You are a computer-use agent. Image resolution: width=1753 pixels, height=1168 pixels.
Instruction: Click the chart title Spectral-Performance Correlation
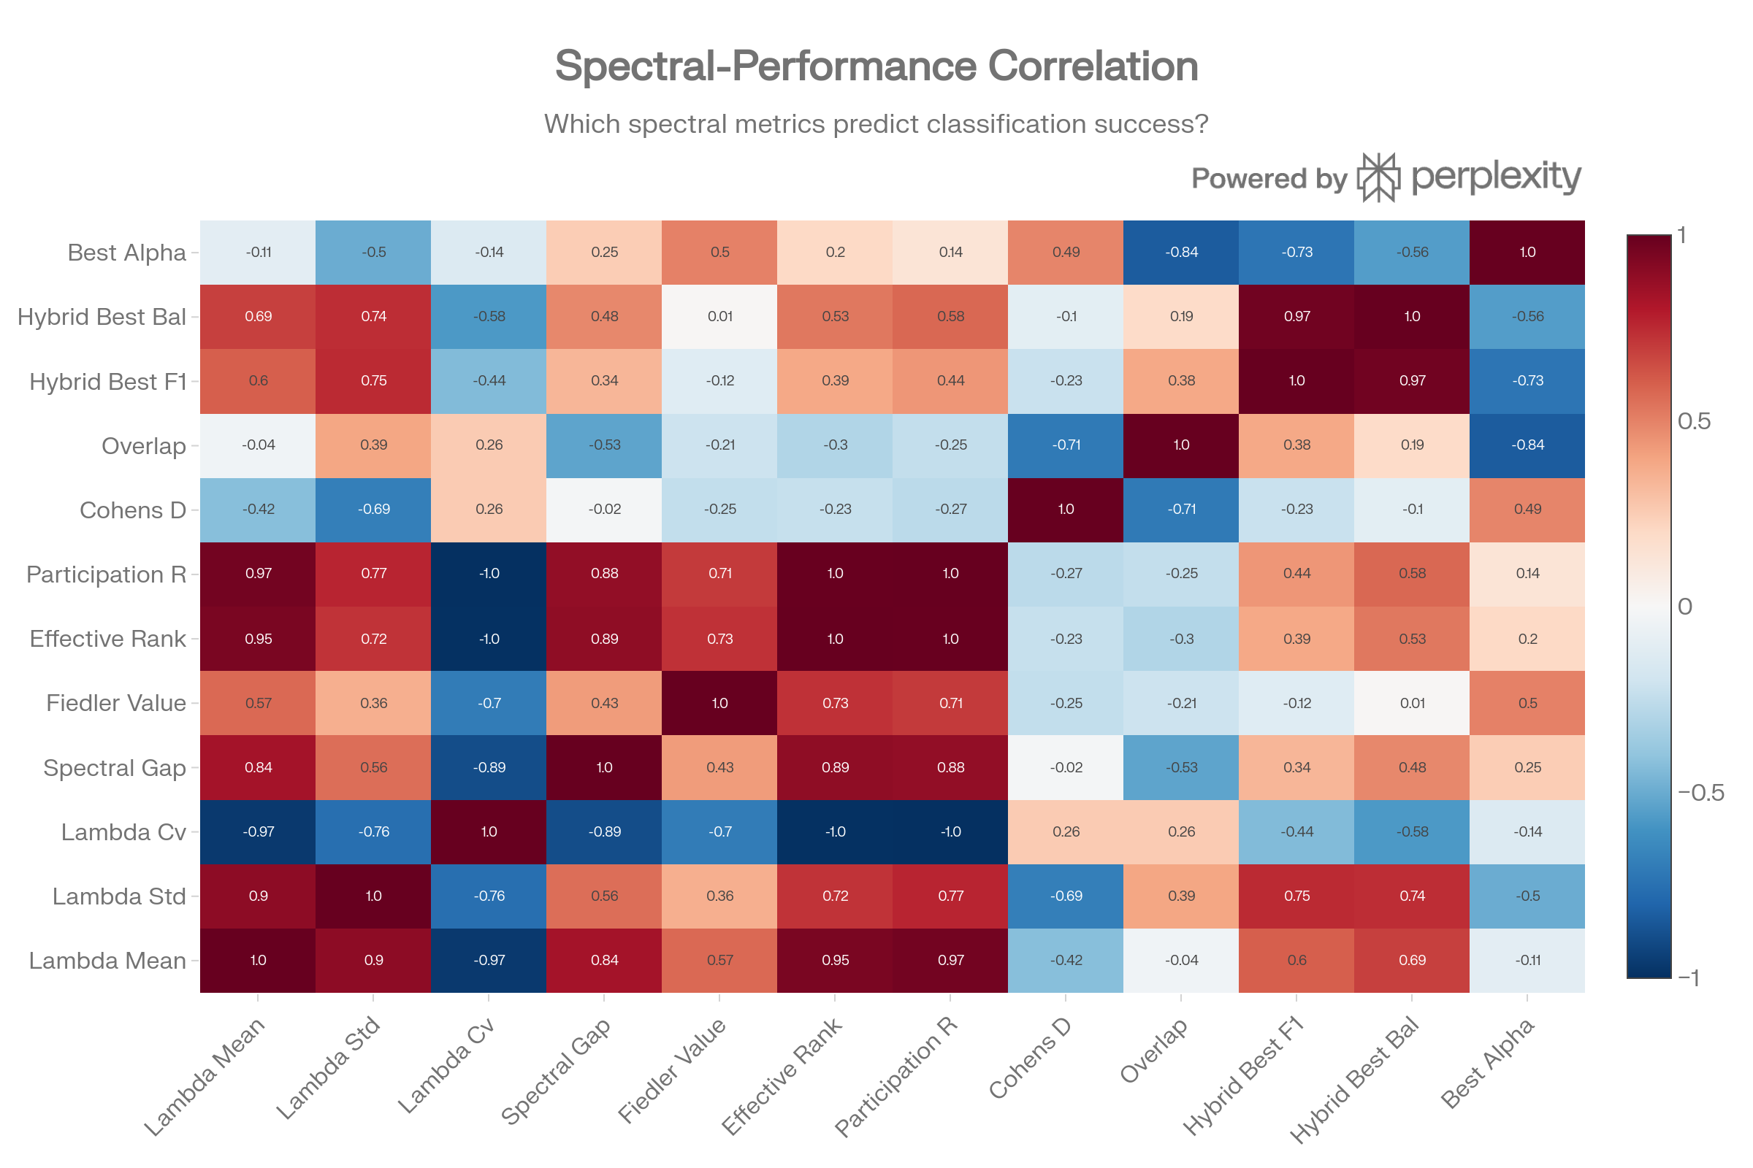pyautogui.click(x=876, y=66)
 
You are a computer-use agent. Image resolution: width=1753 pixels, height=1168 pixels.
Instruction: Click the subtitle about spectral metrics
pyautogui.click(x=876, y=123)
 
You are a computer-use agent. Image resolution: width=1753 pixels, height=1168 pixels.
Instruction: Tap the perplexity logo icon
pyautogui.click(x=1377, y=177)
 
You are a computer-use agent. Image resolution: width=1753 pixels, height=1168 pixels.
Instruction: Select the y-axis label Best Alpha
pyautogui.click(x=126, y=253)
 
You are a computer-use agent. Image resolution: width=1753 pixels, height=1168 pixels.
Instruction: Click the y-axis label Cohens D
pyautogui.click(x=133, y=510)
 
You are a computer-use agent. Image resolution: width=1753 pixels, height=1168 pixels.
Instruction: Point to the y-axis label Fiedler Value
pyautogui.click(x=115, y=703)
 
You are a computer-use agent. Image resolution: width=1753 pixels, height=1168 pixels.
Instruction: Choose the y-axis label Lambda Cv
pyautogui.click(x=123, y=832)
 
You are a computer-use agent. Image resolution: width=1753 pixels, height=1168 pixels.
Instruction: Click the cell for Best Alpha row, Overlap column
pyautogui.click(x=1181, y=253)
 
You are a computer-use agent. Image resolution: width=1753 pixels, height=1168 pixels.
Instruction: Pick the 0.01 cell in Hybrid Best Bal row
pyautogui.click(x=719, y=317)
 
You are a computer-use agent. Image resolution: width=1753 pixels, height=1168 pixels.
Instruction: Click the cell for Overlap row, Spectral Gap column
pyautogui.click(x=604, y=445)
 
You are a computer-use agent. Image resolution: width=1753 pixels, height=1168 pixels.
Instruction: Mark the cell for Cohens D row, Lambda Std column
pyautogui.click(x=373, y=510)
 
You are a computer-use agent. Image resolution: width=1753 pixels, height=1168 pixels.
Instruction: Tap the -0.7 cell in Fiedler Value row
pyautogui.click(x=488, y=703)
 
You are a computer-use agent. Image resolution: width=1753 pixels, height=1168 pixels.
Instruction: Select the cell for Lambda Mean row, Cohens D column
pyautogui.click(x=1066, y=960)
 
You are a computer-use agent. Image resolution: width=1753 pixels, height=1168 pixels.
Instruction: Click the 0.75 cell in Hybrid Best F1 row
pyautogui.click(x=373, y=380)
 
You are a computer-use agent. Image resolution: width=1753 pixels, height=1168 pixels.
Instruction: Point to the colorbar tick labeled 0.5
pyautogui.click(x=1694, y=422)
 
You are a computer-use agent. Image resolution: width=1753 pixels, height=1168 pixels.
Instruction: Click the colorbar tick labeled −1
pyautogui.click(x=1688, y=977)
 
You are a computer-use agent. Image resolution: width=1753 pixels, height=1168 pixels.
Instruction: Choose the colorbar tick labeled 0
pyautogui.click(x=1685, y=607)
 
